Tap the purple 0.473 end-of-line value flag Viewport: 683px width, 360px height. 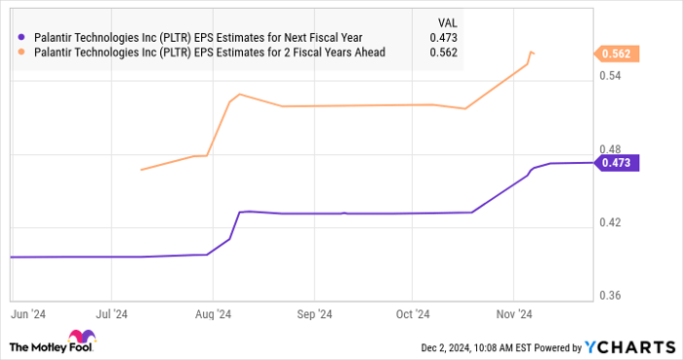pos(620,163)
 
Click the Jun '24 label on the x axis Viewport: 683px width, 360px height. pos(28,314)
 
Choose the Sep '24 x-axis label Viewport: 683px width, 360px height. pos(314,314)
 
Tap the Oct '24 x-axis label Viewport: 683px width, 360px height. pos(412,314)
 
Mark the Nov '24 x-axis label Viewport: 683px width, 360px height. pos(512,314)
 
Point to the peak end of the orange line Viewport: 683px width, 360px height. pos(531,52)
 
